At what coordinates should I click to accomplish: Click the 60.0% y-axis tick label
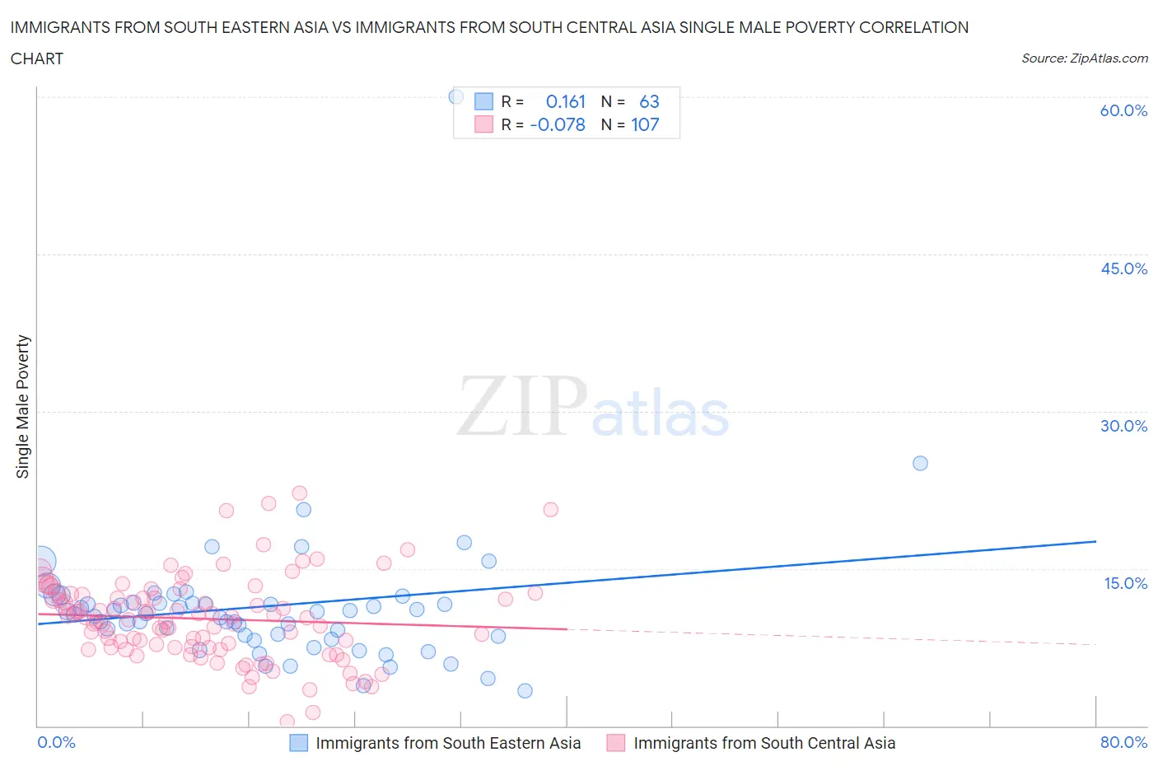coord(1123,110)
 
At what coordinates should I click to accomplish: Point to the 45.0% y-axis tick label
coord(1123,269)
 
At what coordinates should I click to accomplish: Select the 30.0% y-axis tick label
coord(1123,426)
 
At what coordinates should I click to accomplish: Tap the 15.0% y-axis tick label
coord(1125,583)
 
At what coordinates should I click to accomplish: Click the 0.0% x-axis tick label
coord(57,742)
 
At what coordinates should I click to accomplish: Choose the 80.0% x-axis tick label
coord(1123,742)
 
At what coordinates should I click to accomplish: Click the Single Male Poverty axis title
coord(23,406)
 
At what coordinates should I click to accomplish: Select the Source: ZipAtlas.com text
coord(1084,58)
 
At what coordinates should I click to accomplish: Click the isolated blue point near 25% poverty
coord(920,463)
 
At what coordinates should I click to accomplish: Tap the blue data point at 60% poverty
coord(455,96)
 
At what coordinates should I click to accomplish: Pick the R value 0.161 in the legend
coord(565,101)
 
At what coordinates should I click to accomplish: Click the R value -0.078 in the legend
coord(558,124)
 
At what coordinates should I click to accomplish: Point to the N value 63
coord(649,101)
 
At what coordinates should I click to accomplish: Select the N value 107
coord(645,124)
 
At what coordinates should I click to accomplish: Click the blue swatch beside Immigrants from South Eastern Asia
coord(299,743)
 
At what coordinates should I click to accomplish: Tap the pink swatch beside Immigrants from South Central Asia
coord(615,743)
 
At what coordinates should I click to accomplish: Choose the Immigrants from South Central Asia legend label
coord(763,743)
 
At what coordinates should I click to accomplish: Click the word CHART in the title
coord(37,58)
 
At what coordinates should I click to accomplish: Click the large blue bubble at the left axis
coord(40,561)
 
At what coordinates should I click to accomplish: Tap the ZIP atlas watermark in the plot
coord(593,406)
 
